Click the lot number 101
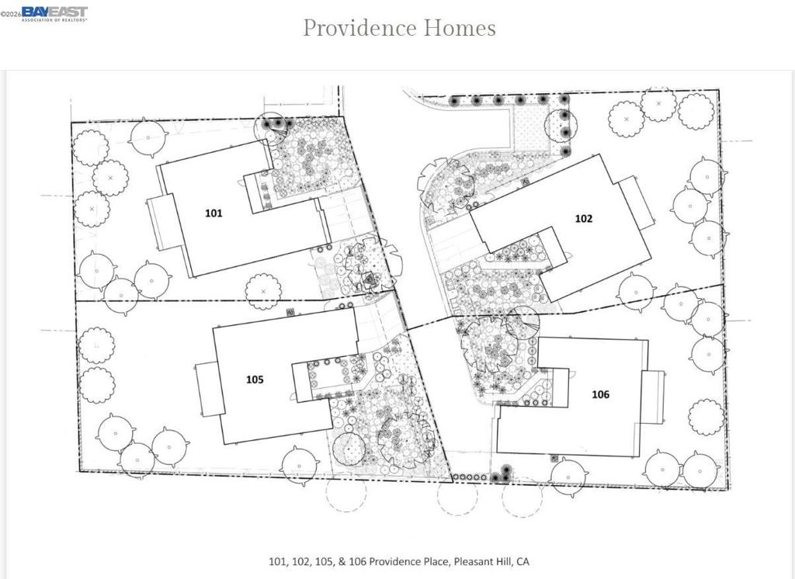click(x=214, y=213)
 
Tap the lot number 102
click(x=583, y=218)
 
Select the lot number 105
click(x=255, y=380)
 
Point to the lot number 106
click(x=600, y=394)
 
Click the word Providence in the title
click(x=359, y=28)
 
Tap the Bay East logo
click(x=54, y=13)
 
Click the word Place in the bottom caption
click(x=432, y=561)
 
